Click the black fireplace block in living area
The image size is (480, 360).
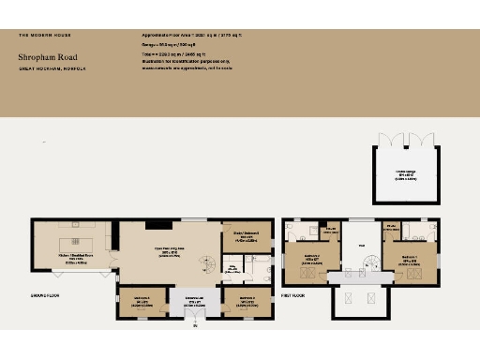coord(158,224)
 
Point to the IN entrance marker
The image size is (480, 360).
coord(195,327)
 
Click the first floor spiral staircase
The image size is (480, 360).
coord(376,268)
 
